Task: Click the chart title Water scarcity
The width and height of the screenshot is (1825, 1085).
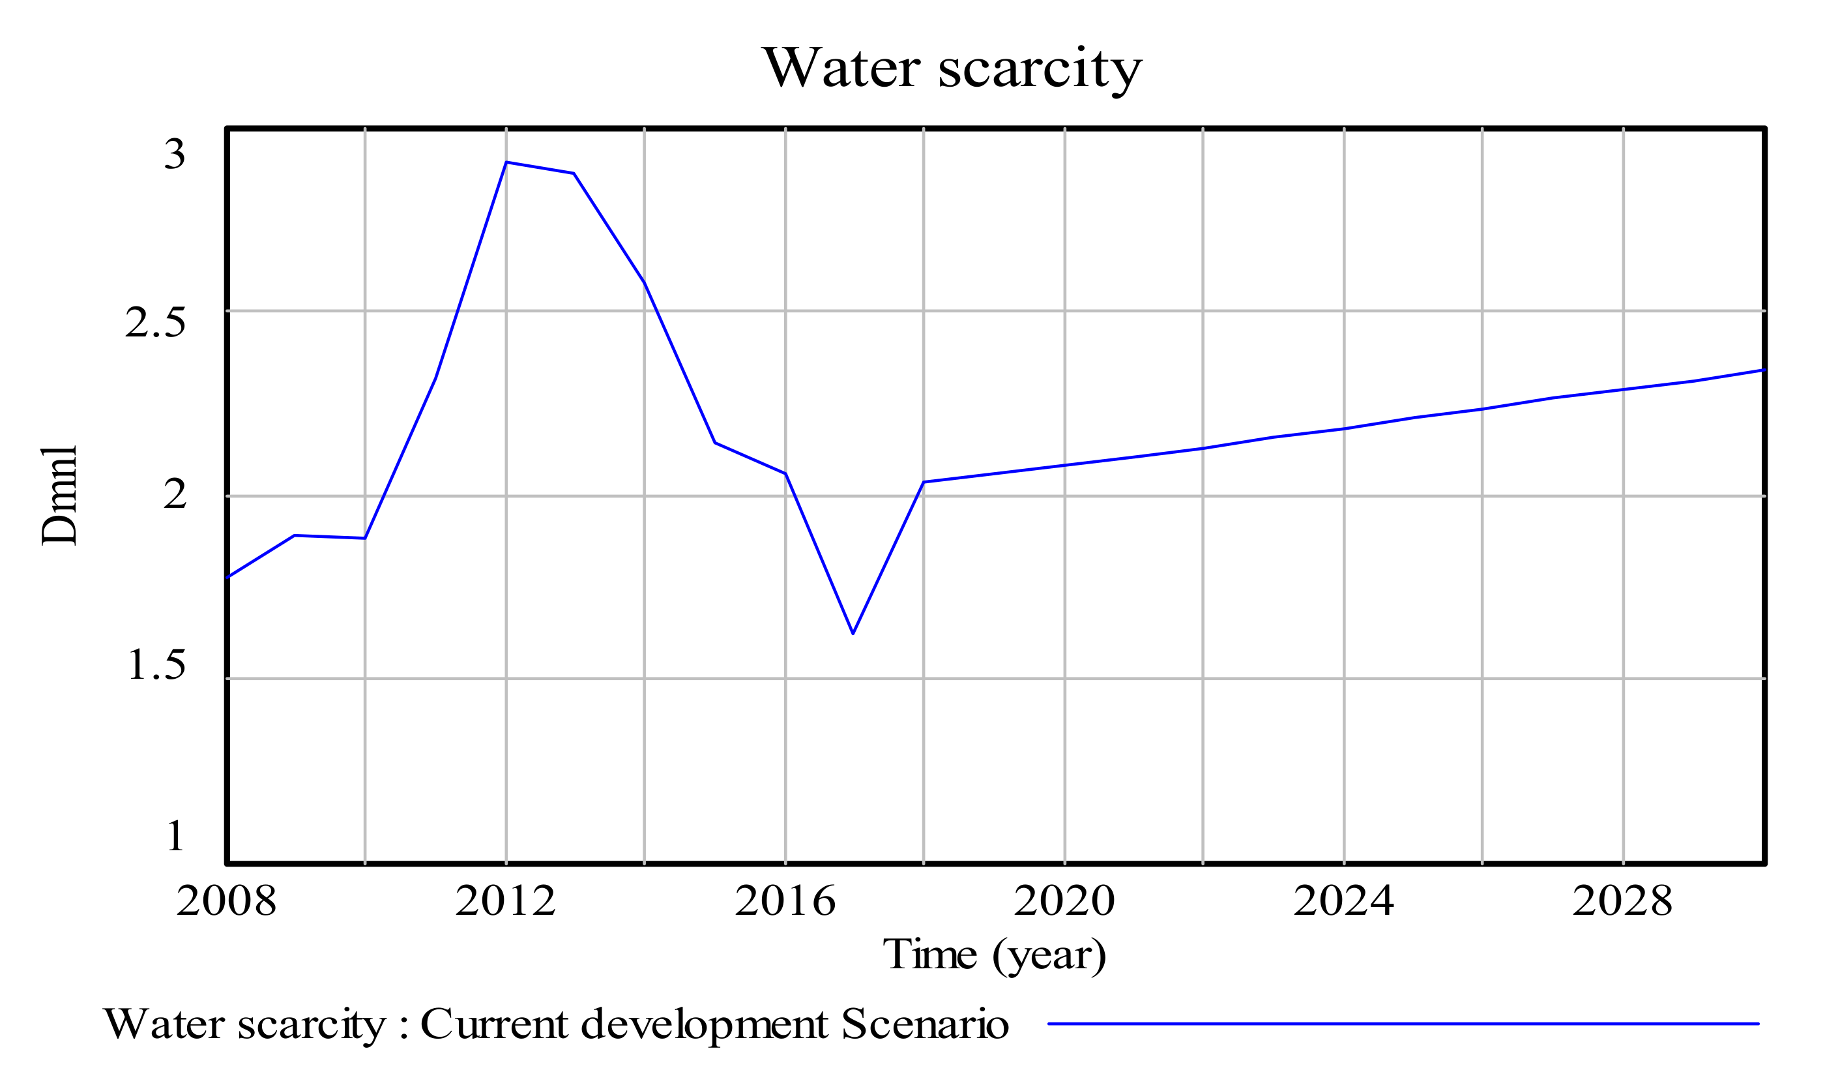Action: tap(952, 68)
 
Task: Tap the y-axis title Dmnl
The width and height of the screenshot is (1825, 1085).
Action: tap(59, 496)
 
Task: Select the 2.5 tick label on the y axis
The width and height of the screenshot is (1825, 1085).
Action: tap(155, 322)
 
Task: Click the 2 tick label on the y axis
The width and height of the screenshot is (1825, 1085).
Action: tap(175, 494)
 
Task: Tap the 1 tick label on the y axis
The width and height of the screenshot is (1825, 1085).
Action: tap(175, 837)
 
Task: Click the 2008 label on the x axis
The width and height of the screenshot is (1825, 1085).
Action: tap(227, 900)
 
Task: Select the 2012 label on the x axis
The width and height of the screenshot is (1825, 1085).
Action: tap(506, 900)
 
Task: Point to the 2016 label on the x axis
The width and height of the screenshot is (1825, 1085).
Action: tap(785, 900)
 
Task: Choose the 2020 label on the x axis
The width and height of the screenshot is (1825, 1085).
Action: tap(1064, 900)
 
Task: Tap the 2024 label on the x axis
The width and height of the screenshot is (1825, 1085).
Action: tap(1343, 900)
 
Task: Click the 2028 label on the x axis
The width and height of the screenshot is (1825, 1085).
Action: tap(1622, 900)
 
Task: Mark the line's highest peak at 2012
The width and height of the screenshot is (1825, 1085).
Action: tap(506, 162)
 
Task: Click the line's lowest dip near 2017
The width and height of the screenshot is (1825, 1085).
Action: tap(853, 633)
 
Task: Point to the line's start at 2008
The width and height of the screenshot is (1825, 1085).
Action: tap(228, 577)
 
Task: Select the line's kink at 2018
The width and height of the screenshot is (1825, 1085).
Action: tap(924, 482)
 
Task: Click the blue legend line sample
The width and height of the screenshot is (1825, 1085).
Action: tap(1403, 1024)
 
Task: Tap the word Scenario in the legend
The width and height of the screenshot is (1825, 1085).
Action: tap(925, 1024)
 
